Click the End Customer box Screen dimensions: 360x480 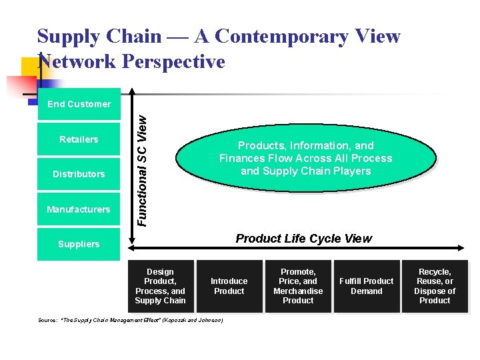[79, 104]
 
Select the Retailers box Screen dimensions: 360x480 [79, 139]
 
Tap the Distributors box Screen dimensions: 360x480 [79, 174]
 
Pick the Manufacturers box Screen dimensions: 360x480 [79, 209]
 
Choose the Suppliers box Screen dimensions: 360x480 [79, 244]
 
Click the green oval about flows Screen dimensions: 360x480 [305, 159]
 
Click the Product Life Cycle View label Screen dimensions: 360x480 [304, 239]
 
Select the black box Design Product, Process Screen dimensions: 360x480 [160, 286]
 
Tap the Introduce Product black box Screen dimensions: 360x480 [229, 286]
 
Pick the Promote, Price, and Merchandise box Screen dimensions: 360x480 [298, 286]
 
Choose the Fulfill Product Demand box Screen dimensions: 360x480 [367, 286]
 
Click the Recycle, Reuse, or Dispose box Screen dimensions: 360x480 [435, 286]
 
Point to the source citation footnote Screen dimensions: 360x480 [131, 320]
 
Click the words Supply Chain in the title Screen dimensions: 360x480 [99, 36]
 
